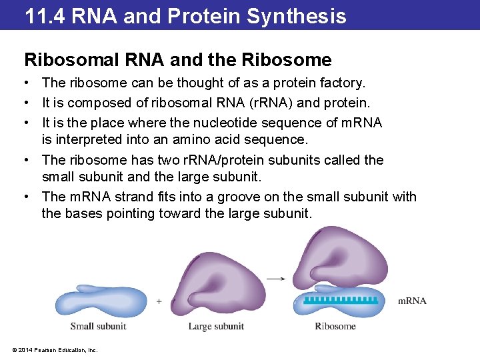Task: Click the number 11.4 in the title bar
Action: (x=45, y=15)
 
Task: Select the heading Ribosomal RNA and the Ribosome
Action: (x=177, y=60)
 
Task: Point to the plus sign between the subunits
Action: (x=159, y=301)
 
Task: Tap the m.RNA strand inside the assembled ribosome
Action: (x=341, y=301)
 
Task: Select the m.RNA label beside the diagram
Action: (x=412, y=301)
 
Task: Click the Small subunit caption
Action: (x=98, y=326)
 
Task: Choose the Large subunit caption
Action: (x=216, y=326)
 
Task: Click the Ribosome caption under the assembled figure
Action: (x=335, y=326)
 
